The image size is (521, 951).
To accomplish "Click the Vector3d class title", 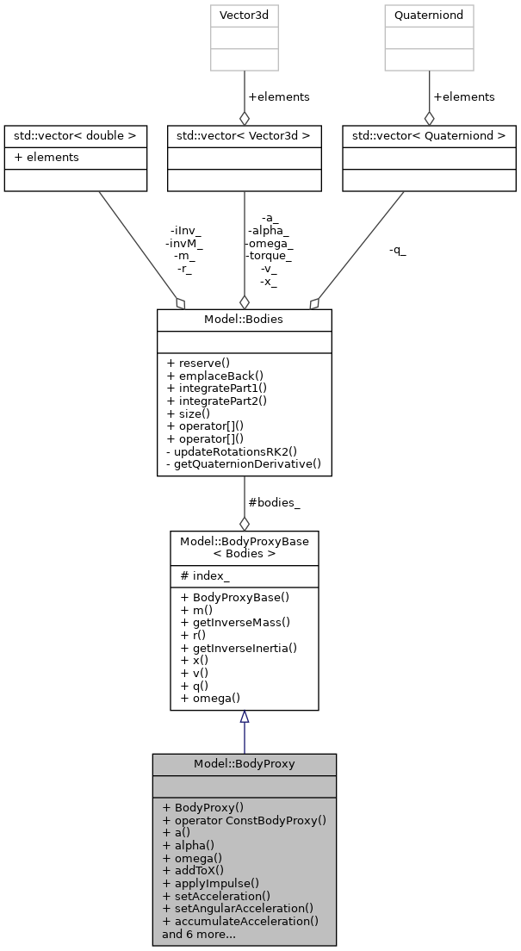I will pyautogui.click(x=245, y=15).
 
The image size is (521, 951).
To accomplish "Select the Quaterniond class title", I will pyautogui.click(x=429, y=15).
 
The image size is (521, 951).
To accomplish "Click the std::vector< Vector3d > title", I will pyautogui.click(x=245, y=135).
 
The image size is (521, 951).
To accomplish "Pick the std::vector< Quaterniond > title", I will pyautogui.click(x=429, y=135).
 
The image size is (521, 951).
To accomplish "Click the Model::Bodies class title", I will pyautogui.click(x=244, y=319).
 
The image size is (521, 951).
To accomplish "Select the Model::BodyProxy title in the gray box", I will pyautogui.click(x=244, y=764).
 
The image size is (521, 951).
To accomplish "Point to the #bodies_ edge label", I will pyautogui.click(x=274, y=502).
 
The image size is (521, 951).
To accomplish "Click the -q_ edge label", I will pyautogui.click(x=397, y=250).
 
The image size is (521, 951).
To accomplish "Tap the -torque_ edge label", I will pyautogui.click(x=269, y=255).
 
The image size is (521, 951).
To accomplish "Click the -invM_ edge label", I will pyautogui.click(x=183, y=243).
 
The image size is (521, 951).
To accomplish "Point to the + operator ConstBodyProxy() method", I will pyautogui.click(x=244, y=820).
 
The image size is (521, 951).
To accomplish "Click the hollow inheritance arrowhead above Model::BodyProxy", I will pyautogui.click(x=245, y=717).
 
